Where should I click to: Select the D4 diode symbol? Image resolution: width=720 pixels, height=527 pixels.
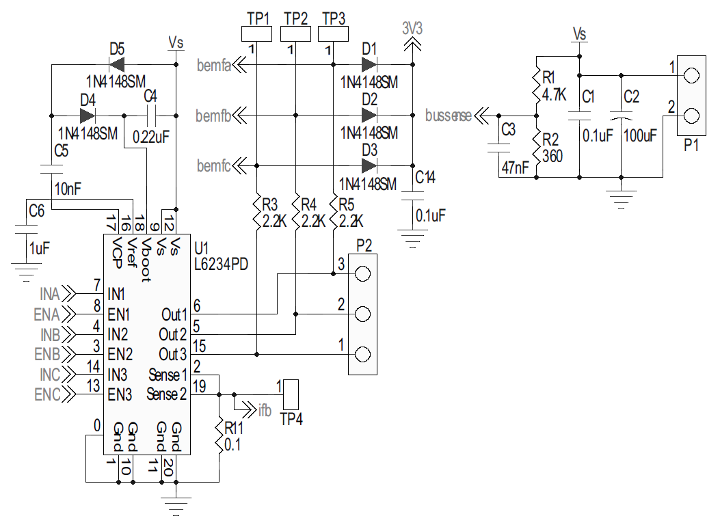tap(88, 115)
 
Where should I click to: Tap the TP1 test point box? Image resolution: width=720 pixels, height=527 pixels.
tap(257, 33)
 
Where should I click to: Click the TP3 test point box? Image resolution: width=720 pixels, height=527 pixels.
tap(333, 33)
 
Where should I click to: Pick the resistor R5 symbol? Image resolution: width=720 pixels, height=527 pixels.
tap(333, 212)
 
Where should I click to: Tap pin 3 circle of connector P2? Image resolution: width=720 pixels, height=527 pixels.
tap(362, 273)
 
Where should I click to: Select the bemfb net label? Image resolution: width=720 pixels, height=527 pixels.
tap(213, 115)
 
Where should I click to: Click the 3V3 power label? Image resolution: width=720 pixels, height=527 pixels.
tap(412, 29)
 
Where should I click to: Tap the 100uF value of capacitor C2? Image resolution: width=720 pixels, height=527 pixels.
tap(640, 135)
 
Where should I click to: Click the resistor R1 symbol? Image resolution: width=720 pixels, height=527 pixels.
tap(537, 85)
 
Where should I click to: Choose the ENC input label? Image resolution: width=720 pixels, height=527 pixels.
tap(46, 394)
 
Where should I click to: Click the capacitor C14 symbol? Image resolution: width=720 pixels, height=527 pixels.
tap(412, 195)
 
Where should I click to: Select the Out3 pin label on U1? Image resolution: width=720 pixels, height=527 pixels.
tap(173, 354)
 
